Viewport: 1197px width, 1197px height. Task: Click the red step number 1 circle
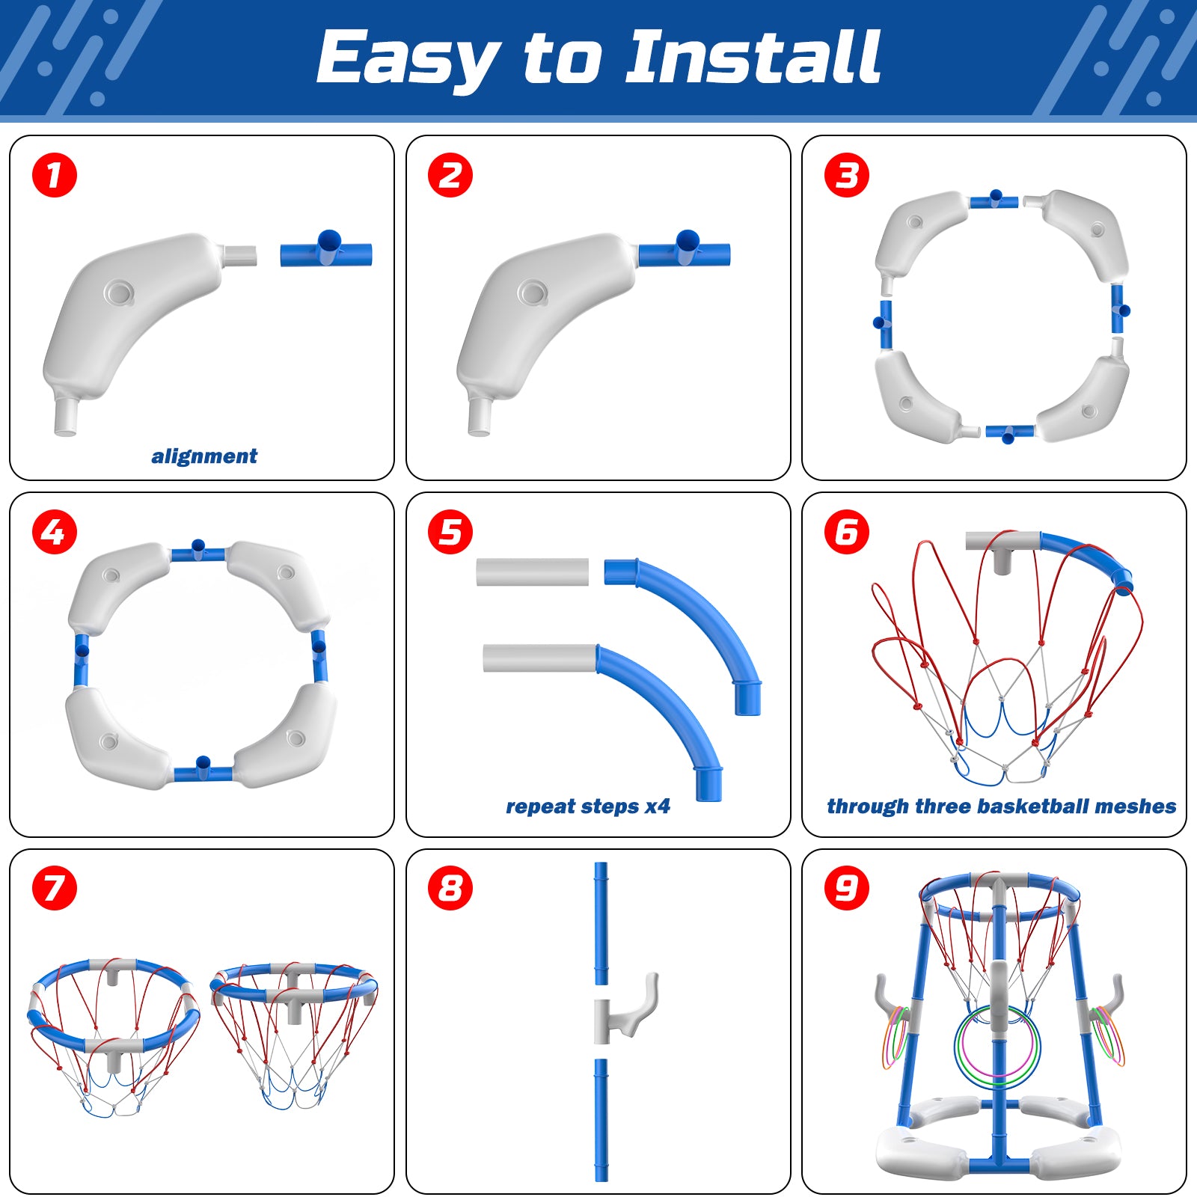coord(54,176)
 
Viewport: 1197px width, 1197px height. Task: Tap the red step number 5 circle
coord(450,533)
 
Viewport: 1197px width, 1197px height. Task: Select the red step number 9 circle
coord(847,889)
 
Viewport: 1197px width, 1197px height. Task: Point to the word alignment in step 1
coord(204,456)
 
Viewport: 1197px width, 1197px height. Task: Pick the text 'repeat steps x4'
coord(588,806)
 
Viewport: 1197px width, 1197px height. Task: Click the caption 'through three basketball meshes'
coord(1001,806)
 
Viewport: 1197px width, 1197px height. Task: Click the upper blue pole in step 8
coord(601,923)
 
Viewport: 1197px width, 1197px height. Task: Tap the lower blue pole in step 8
coord(601,1120)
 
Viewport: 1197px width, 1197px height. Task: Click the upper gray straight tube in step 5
coord(533,572)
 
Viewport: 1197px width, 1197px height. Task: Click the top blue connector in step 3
coord(994,200)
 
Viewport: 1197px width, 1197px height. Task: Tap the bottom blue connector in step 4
coord(203,771)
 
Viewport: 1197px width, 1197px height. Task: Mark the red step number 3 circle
coord(847,176)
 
